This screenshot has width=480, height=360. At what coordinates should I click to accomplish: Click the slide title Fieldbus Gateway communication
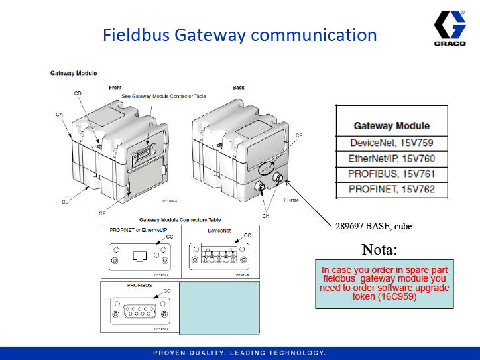tap(239, 35)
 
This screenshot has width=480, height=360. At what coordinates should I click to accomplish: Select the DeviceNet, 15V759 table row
tap(391, 143)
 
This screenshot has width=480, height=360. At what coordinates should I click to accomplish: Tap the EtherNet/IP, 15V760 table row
tap(391, 159)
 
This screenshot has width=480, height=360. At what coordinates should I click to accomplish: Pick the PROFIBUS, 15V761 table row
tap(391, 174)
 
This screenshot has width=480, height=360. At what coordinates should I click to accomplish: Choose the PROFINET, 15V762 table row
tap(391, 190)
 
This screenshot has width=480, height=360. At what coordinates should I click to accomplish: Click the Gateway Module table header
tap(391, 126)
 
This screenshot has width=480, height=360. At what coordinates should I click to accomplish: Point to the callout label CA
tap(59, 115)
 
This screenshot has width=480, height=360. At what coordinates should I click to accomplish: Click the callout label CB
tap(65, 202)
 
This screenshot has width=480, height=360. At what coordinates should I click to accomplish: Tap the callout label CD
tap(78, 94)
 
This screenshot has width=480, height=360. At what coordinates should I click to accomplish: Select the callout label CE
tap(102, 214)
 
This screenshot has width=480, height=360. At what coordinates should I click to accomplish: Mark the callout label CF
tap(299, 135)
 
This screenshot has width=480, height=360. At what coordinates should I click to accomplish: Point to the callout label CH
tap(266, 215)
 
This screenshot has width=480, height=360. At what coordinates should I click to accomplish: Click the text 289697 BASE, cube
tap(373, 226)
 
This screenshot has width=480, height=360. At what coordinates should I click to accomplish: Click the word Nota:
tap(379, 250)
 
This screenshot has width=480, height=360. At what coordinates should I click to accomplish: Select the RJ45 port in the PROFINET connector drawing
tap(140, 256)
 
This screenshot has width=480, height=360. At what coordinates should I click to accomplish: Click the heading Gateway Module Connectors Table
tap(180, 220)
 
